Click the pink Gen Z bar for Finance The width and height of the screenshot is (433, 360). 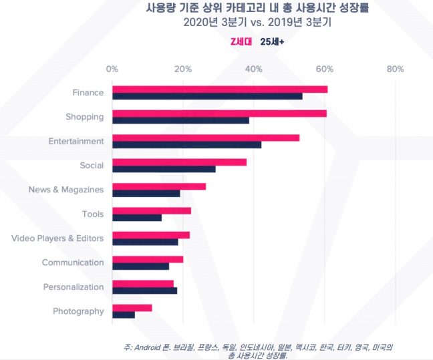(x=220, y=89)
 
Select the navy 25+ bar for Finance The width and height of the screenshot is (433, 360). (x=207, y=96)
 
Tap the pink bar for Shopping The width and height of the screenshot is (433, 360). (x=219, y=113)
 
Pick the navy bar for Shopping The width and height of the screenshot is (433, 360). (x=180, y=120)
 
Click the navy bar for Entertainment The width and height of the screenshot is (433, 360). (x=186, y=144)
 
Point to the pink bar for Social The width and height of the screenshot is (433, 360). (x=179, y=162)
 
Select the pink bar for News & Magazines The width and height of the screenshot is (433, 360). (x=159, y=186)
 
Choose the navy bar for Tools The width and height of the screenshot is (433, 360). (x=137, y=218)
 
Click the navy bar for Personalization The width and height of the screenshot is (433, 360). (x=144, y=291)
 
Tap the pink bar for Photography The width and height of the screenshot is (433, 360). (x=132, y=307)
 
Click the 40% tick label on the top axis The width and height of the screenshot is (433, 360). (x=253, y=69)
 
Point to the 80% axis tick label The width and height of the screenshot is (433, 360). (x=395, y=69)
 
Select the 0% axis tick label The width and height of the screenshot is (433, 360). (x=112, y=69)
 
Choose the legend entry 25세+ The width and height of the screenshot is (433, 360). (x=272, y=41)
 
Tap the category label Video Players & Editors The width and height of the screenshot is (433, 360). (x=57, y=238)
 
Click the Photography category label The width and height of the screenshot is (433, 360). (x=78, y=311)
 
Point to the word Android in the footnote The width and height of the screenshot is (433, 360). (x=146, y=347)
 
